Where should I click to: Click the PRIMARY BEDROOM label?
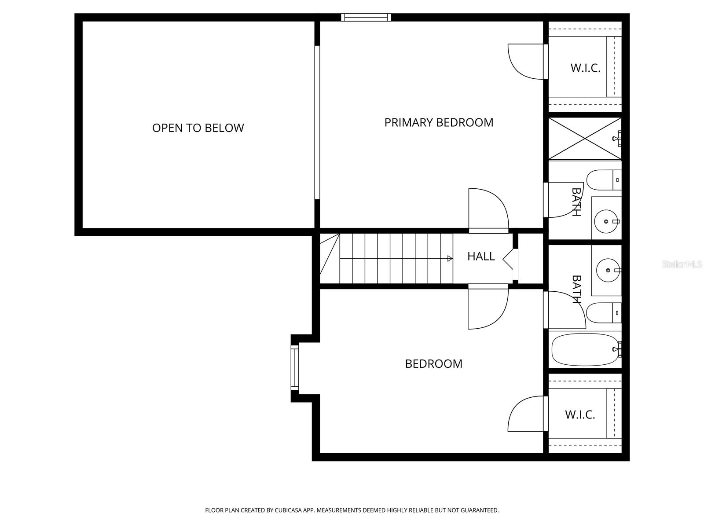(439, 122)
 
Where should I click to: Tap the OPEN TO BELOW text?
(198, 128)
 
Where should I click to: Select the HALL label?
(481, 256)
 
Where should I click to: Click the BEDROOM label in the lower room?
(433, 364)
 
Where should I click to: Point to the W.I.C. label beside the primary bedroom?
(585, 68)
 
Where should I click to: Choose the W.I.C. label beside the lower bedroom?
(580, 414)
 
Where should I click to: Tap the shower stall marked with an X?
(584, 138)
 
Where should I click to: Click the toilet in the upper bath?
(603, 180)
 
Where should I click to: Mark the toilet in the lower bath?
(603, 313)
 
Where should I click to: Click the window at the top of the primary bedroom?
(366, 18)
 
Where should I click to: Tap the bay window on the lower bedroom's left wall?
(294, 368)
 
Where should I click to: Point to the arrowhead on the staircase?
(450, 259)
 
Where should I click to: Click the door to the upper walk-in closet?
(526, 62)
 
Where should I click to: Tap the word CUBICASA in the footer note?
(287, 510)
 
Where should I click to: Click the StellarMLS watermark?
(682, 264)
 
